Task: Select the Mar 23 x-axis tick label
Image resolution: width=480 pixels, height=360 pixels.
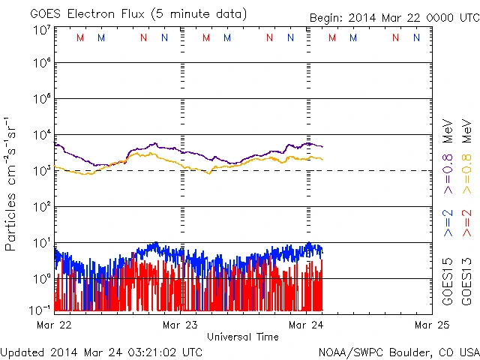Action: [181, 325]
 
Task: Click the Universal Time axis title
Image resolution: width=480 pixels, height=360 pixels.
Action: [243, 337]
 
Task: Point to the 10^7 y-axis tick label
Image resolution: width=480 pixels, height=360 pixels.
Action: [42, 30]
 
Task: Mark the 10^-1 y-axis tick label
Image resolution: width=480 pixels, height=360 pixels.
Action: [40, 309]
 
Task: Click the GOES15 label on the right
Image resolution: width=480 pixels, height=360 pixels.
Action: [448, 281]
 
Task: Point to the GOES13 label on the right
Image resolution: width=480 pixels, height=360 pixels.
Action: [466, 281]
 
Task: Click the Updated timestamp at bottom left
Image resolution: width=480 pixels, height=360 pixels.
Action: [101, 351]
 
